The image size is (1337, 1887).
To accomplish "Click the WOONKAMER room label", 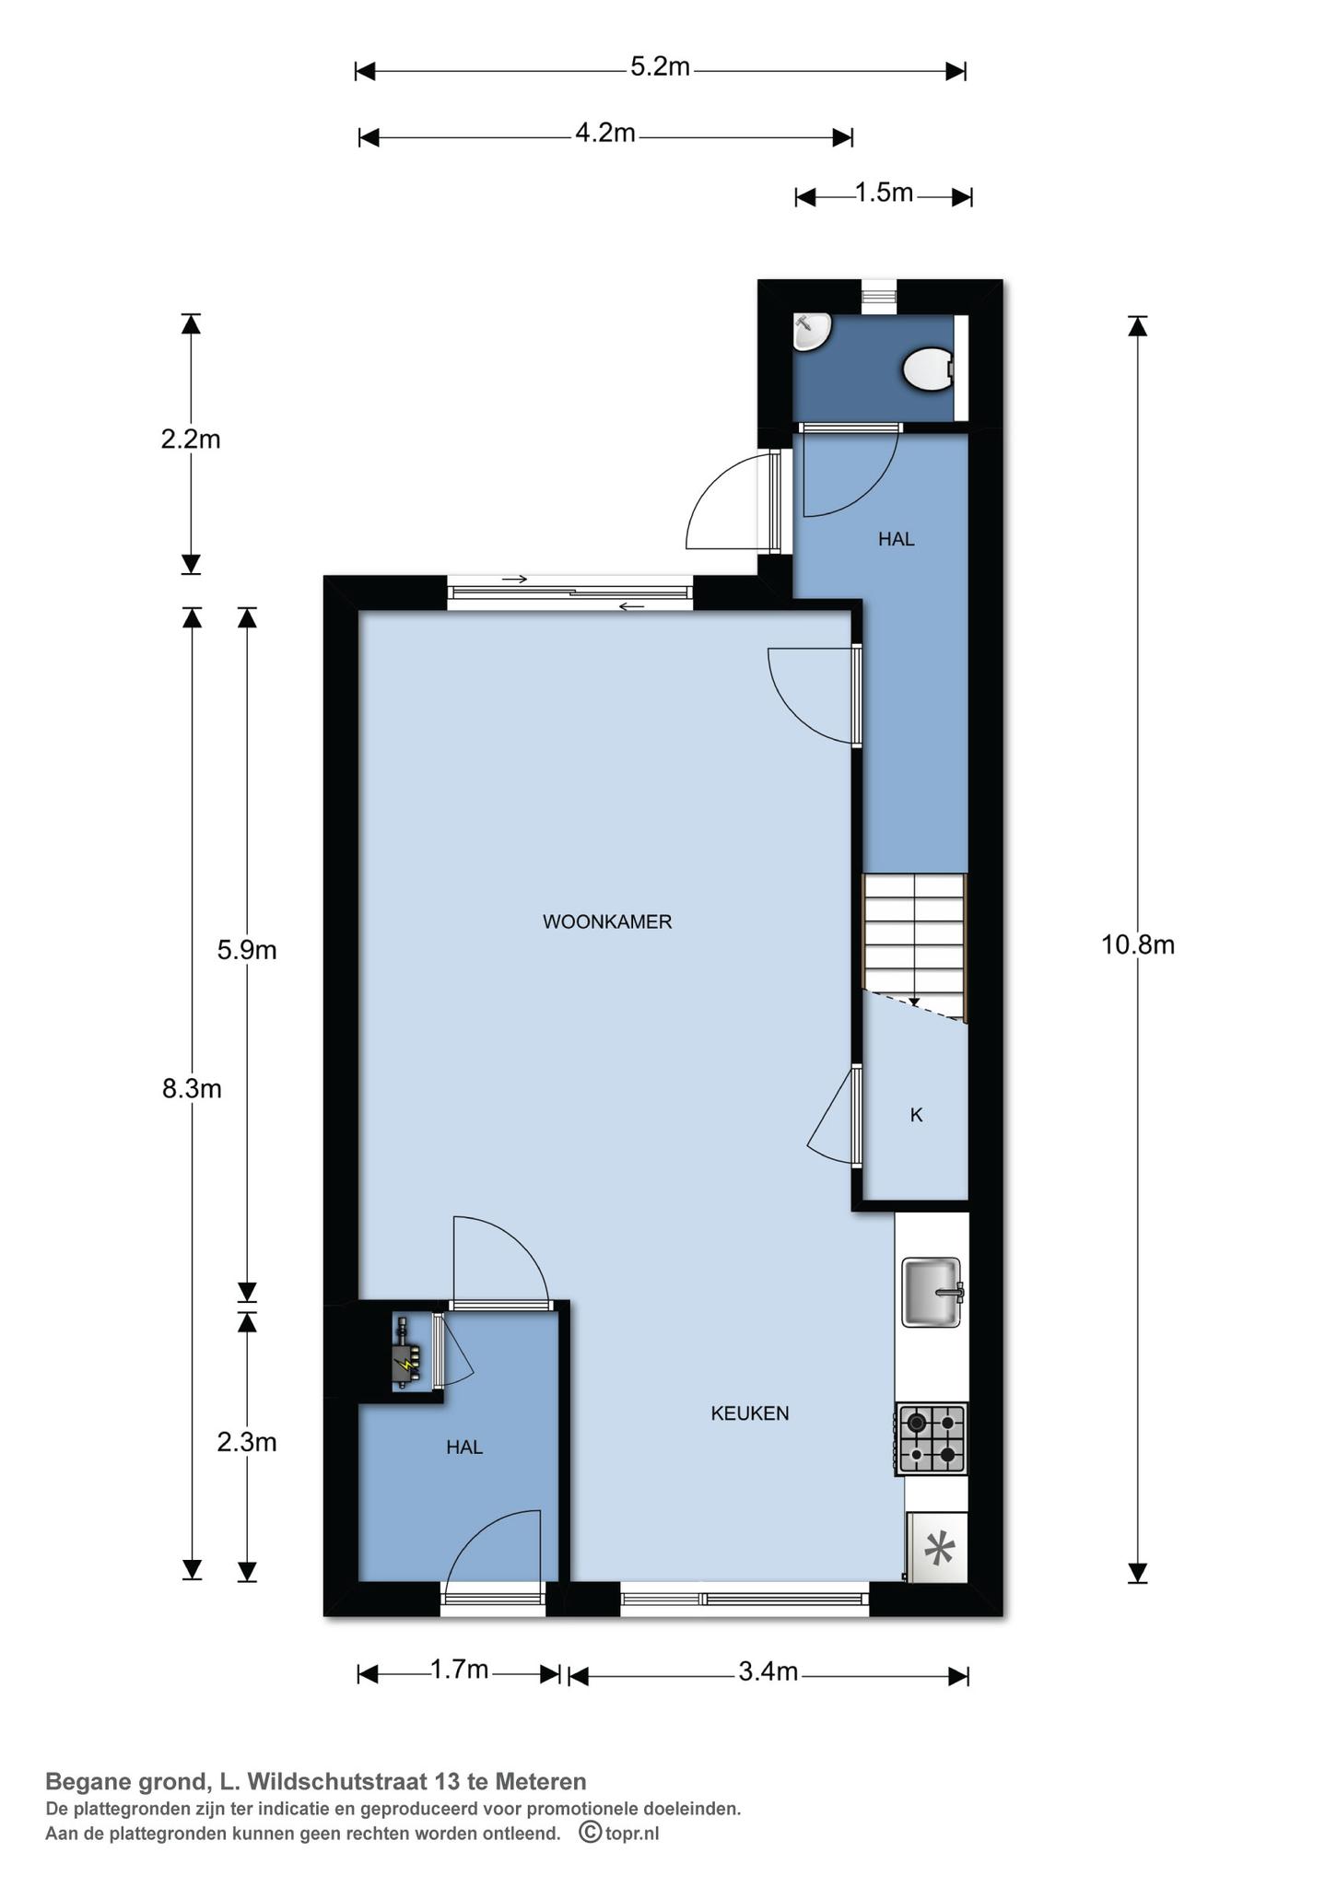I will click(606, 921).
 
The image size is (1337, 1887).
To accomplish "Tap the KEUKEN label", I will click(749, 1413).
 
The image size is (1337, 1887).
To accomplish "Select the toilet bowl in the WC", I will click(926, 369).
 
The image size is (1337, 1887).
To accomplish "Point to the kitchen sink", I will click(931, 1292).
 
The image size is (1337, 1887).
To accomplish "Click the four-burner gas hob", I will click(931, 1438).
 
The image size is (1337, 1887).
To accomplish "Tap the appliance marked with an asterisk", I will click(938, 1550).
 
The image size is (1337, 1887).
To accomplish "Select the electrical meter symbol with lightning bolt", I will click(405, 1354).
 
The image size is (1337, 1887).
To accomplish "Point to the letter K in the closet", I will click(916, 1115).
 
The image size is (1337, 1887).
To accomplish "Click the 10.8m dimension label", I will click(1137, 944).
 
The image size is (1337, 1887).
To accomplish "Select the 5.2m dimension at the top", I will click(660, 67).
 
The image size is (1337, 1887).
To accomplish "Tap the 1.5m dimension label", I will click(883, 193).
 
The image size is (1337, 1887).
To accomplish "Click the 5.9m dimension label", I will click(247, 950).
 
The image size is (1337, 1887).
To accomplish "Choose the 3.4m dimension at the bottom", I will click(768, 1671).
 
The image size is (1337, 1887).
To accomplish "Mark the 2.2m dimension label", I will click(191, 440).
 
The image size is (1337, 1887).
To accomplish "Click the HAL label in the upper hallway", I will click(896, 539).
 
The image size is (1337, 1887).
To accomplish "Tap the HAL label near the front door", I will click(464, 1447).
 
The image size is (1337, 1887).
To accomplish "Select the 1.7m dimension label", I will click(459, 1670).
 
